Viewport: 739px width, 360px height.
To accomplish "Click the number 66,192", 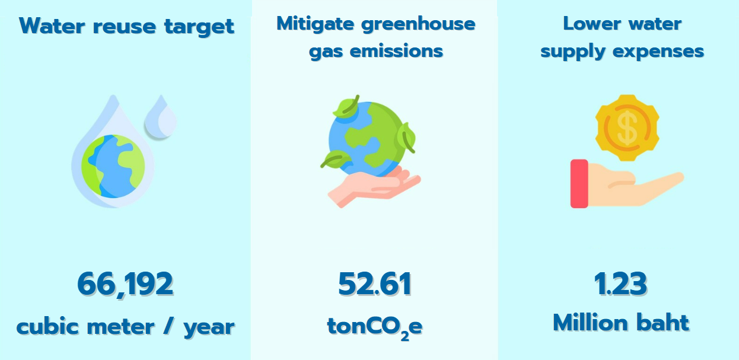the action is point(125,285).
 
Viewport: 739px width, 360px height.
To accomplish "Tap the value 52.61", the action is point(375,283).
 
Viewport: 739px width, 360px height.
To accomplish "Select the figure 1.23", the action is point(620,283).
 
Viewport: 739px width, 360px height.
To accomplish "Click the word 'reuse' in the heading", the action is point(125,27).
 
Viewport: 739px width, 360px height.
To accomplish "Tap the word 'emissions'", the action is point(396,52).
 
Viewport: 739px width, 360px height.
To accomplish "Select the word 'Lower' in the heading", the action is point(592,24).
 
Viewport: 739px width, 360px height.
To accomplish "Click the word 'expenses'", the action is point(658,52).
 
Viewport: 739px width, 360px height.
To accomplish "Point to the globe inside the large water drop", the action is point(113,166).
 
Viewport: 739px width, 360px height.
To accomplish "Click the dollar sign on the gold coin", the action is point(627,128).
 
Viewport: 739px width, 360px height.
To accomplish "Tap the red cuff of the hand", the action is point(579,184).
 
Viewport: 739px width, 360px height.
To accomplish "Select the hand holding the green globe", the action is point(374,186).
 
